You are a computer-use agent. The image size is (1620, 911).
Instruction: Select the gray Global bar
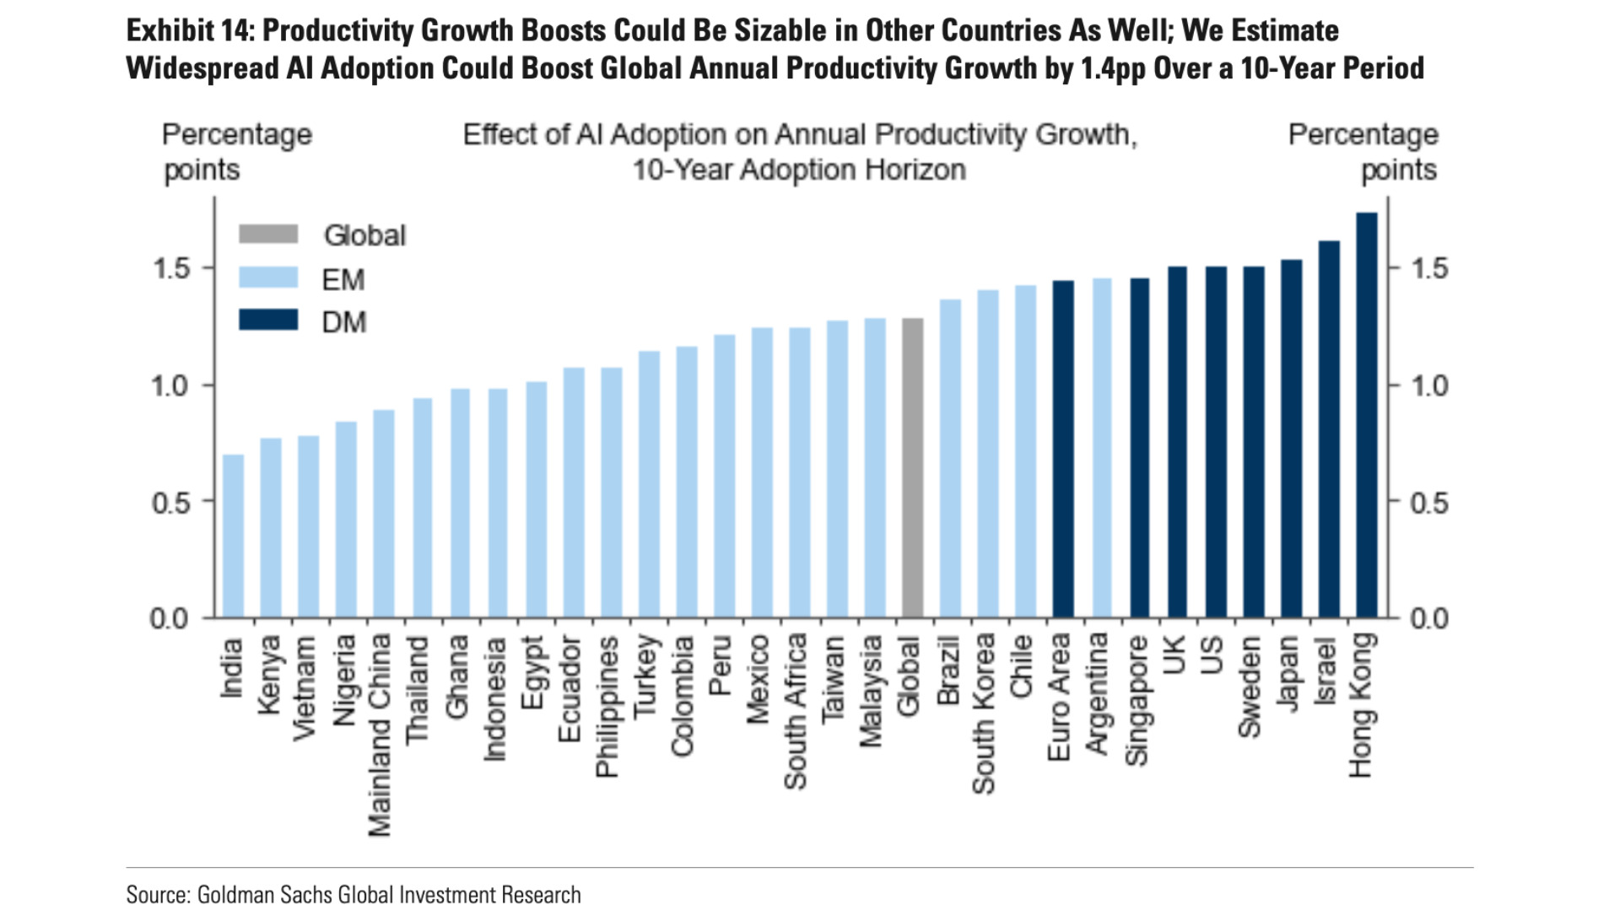[x=912, y=468]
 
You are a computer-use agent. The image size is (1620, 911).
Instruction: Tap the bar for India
[x=233, y=536]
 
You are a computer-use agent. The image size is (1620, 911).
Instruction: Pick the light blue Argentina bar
[x=1101, y=448]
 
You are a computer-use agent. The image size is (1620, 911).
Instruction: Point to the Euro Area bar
[x=1063, y=450]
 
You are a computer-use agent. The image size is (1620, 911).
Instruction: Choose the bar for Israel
[x=1329, y=429]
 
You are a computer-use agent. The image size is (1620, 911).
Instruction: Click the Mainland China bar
[x=384, y=514]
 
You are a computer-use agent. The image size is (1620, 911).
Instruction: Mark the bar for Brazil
[x=950, y=459]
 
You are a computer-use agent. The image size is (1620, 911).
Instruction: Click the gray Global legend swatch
[x=268, y=234]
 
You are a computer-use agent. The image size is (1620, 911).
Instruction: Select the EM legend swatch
[x=268, y=278]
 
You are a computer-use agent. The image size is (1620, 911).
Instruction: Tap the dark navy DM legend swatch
[x=268, y=320]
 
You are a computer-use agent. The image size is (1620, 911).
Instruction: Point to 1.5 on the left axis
[x=171, y=269]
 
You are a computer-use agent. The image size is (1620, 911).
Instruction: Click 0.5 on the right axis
[x=1429, y=503]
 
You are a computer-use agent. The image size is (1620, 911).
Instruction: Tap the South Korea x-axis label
[x=984, y=714]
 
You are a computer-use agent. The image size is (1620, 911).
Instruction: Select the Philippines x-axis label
[x=607, y=707]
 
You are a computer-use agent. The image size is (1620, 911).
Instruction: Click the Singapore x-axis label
[x=1138, y=701]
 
